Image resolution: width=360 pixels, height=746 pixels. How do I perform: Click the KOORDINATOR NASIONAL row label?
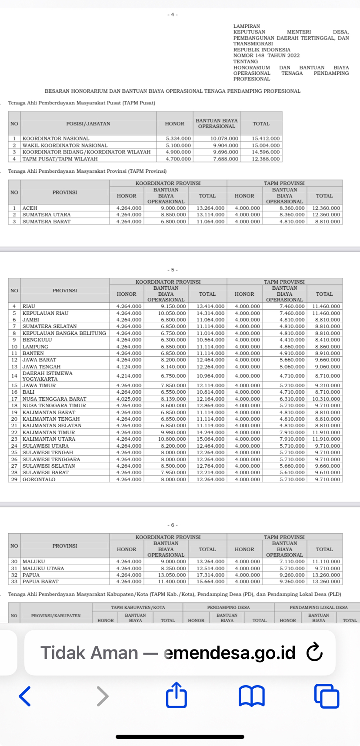tap(56, 138)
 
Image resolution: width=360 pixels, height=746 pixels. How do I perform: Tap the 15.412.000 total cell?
tap(266, 138)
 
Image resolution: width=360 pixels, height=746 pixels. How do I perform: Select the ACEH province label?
tap(30, 208)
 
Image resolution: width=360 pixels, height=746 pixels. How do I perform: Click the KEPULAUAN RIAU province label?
tap(45, 313)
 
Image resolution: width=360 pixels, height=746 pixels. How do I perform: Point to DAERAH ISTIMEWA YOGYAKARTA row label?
tap(47, 376)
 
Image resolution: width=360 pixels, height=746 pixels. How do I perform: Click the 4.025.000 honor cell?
tap(129, 399)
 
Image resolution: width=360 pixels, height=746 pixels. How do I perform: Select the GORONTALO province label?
tap(39, 479)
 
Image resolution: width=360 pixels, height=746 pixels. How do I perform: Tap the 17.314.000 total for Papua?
tap(210, 575)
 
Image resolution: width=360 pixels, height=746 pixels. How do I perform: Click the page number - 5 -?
tap(173, 270)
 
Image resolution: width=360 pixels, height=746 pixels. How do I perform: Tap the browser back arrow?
tap(25, 696)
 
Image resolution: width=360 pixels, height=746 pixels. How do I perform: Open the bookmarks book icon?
tap(251, 696)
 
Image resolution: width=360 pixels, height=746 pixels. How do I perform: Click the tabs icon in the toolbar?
tap(326, 696)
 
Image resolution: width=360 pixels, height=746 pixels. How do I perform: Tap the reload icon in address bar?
tap(314, 652)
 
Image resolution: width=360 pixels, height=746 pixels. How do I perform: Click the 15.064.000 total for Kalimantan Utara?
tap(210, 439)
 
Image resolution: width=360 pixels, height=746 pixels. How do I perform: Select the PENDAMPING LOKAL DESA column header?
tap(318, 607)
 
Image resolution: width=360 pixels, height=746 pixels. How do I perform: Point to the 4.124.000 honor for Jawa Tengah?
tap(129, 367)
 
